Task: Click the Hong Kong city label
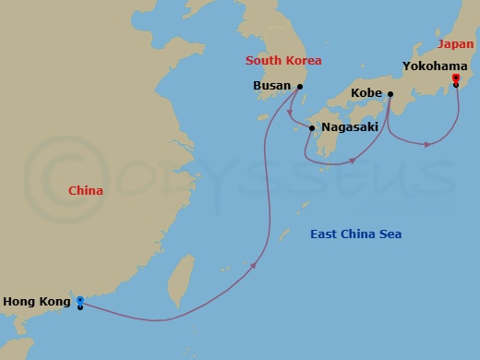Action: pos(36,301)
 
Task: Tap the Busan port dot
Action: pos(300,87)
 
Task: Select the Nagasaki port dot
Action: pos(311,128)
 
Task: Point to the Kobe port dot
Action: pos(391,94)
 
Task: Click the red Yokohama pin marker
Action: pos(456,79)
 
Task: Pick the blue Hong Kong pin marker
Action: pos(80,301)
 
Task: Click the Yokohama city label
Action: pos(434,66)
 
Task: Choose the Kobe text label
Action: pos(367,94)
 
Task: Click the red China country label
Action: pos(86,191)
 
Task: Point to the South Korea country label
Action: pos(283,61)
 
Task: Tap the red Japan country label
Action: pos(455,43)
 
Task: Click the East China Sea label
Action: pos(355,234)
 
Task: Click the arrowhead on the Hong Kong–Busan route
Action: pos(253,265)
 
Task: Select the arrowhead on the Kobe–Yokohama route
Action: pos(426,144)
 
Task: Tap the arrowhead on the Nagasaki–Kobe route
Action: pos(352,162)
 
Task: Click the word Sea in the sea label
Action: pos(389,234)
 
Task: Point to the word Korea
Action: pos(303,61)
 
